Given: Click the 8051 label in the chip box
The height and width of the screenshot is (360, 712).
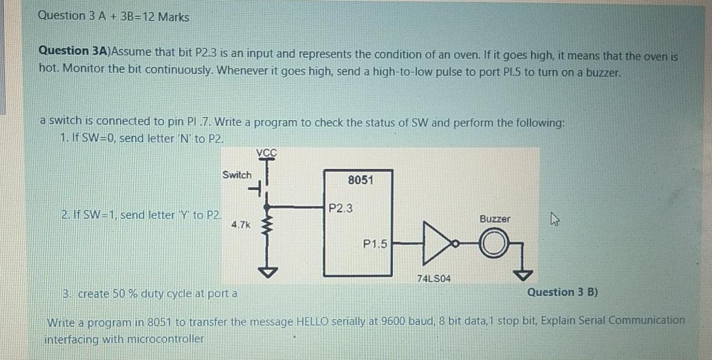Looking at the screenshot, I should pos(360,180).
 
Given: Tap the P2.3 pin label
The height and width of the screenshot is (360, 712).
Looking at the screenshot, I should pos(341,209).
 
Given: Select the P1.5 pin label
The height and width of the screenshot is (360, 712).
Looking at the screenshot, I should pos(375,244).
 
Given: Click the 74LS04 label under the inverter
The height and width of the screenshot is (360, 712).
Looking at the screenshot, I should pos(434,279).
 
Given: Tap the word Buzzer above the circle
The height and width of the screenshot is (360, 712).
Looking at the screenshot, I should pos(494,219).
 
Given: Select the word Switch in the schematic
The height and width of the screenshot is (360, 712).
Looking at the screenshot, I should pos(237,175).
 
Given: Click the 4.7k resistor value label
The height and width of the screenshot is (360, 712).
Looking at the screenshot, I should pos(240,224).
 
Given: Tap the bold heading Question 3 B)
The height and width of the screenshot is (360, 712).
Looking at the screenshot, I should pos(562,292).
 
